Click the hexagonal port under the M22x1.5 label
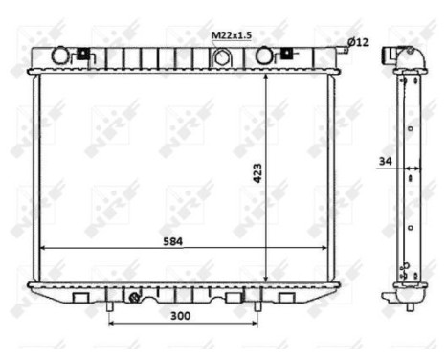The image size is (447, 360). click(223, 57)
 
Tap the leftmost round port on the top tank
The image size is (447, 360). click(60, 56)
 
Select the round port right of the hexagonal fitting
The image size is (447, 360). click(265, 56)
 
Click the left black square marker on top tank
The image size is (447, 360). click(82, 53)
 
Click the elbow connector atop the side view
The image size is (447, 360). click(402, 56)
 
